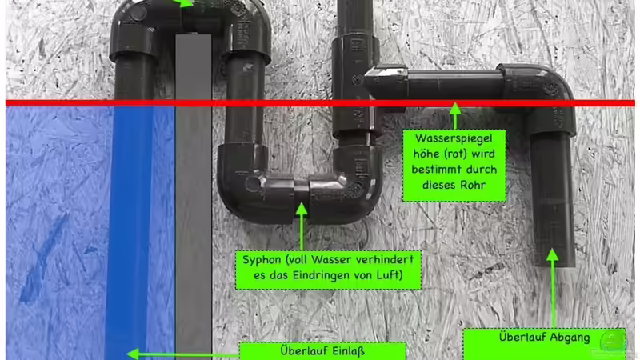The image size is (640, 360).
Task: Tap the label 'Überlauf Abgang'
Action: [543, 338]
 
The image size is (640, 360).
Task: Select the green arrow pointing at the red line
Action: [454, 115]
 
